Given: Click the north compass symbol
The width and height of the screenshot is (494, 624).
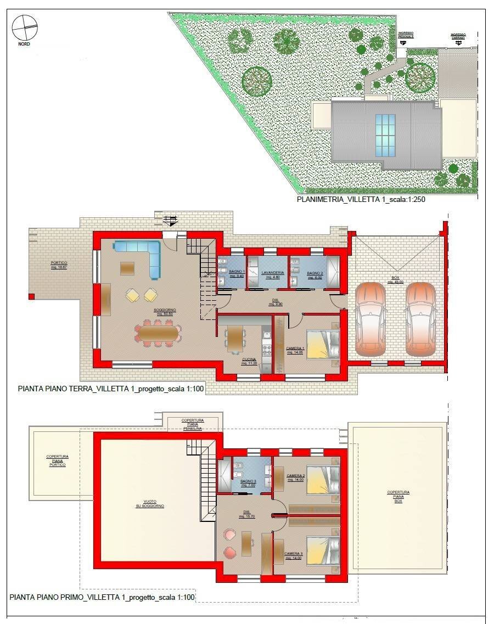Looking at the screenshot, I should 24,28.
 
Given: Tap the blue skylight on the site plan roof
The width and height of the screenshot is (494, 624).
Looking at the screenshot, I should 384,135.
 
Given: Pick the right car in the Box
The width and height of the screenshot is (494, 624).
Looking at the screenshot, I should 420,319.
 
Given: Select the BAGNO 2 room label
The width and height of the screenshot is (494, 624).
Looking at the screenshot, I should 315,274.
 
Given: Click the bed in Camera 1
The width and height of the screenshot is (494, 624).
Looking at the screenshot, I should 322,344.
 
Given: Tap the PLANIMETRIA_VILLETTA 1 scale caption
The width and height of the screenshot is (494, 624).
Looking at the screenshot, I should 361,200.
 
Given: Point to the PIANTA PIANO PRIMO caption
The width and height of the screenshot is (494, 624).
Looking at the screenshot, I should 102,597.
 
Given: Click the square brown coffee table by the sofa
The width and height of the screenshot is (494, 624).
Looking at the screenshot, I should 128,268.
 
